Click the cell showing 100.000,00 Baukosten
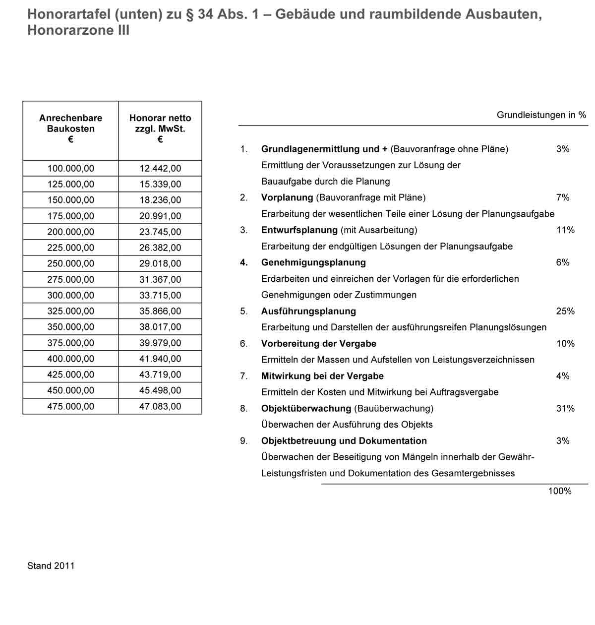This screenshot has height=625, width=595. pos(70,169)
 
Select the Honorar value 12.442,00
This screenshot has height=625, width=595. pos(160,169)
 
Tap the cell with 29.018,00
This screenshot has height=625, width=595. pos(160,264)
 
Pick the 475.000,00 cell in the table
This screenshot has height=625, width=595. pos(70,407)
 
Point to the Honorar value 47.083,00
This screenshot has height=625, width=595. pos(160,407)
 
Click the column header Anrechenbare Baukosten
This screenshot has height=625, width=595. pos(70,129)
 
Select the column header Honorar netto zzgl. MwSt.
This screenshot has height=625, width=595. pos(160,129)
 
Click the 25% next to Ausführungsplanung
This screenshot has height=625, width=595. pos(565,312)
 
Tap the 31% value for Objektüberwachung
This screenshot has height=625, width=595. pos(565,409)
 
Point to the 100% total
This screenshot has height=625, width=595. pos(560,491)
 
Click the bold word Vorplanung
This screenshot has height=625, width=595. pos(287,198)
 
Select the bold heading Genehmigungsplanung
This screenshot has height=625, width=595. pos(313,263)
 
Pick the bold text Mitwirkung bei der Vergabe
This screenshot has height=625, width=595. pos(322,376)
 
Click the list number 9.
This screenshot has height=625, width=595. pos(243,441)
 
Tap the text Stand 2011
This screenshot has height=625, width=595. pos(51,566)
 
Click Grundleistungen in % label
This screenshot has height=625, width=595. pos(541,115)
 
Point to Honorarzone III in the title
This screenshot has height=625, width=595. pos(78,31)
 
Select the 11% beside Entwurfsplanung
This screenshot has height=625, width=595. pos(565,230)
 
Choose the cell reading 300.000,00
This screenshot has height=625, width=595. pos(70,296)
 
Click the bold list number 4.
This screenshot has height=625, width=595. pos(243,263)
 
